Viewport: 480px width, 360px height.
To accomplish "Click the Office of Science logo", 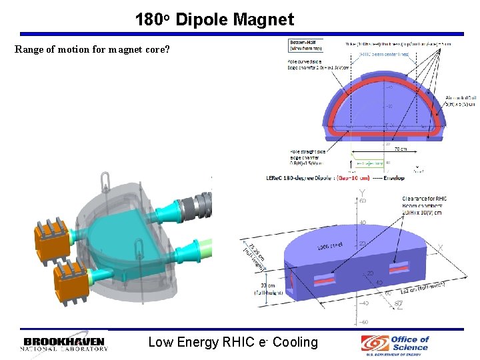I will [x=396, y=343].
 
